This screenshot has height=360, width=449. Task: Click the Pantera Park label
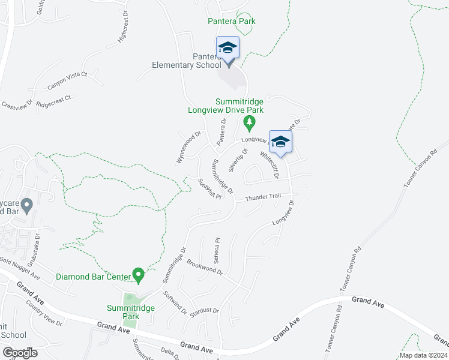[x=231, y=22]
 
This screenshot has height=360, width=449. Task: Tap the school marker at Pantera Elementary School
[x=228, y=49]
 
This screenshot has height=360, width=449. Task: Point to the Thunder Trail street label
[x=263, y=197]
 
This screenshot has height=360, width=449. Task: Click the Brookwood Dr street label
[x=204, y=267]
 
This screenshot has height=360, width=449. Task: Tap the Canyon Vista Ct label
[x=68, y=80]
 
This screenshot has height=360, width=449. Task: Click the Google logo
[x=20, y=353]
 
